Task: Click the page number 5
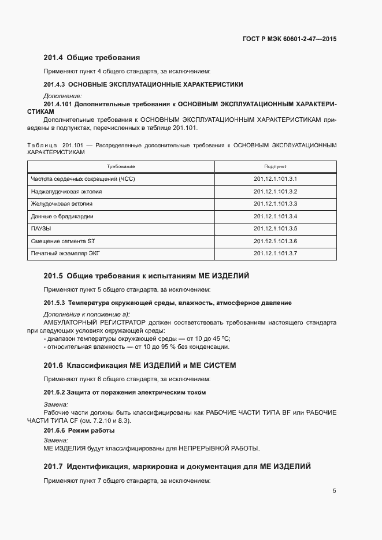tap(334, 491)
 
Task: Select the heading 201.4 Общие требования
tap(92, 58)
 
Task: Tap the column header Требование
tap(120, 166)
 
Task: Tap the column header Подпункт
tap(275, 166)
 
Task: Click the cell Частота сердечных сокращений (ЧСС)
tap(83, 179)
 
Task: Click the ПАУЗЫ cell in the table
tap(41, 229)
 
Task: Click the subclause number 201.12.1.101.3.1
tap(275, 179)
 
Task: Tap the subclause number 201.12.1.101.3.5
tap(275, 229)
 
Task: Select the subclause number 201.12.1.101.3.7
tap(275, 254)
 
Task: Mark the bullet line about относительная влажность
tap(136, 347)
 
